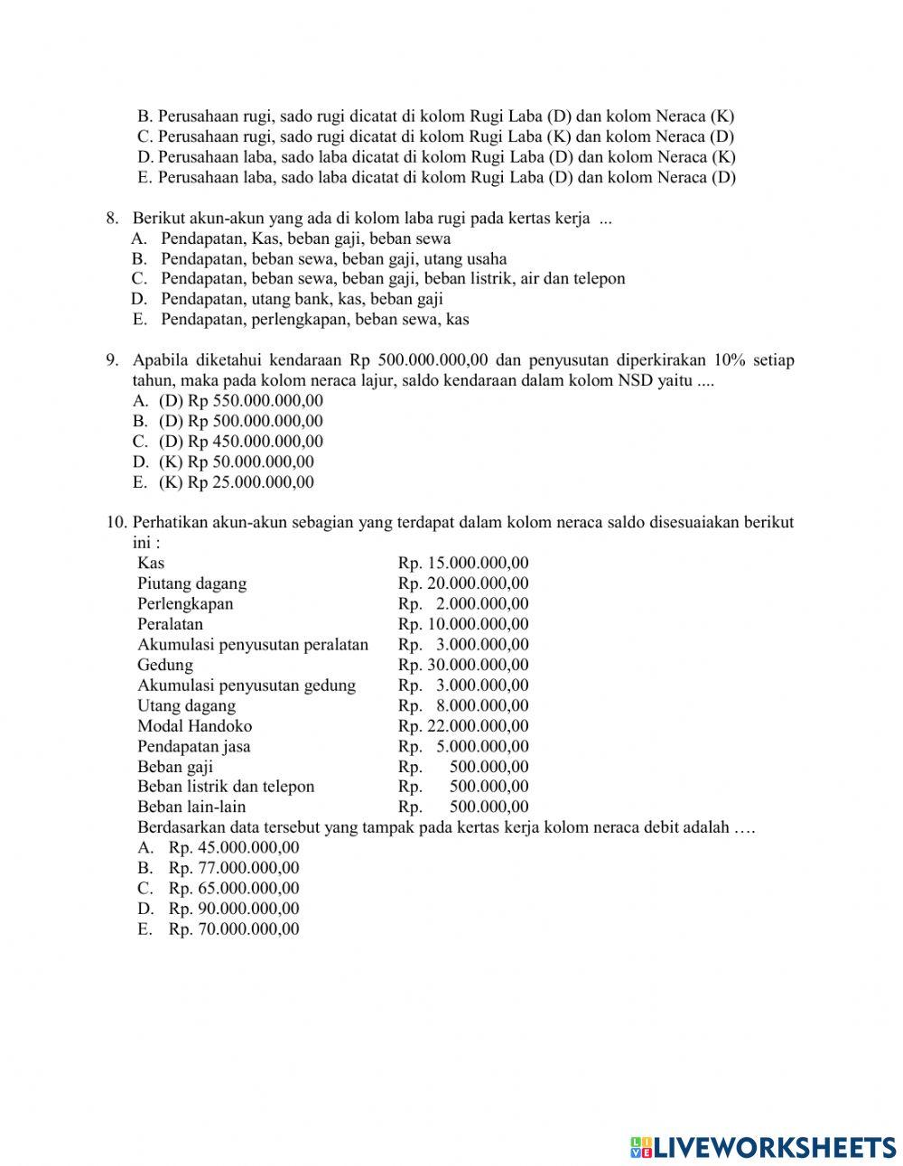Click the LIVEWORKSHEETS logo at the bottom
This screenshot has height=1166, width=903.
(x=763, y=1146)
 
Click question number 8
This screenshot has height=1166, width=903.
(x=112, y=219)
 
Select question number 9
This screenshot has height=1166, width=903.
(x=112, y=360)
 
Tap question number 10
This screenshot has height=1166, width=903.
(x=115, y=522)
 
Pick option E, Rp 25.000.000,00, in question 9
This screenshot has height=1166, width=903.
(x=236, y=482)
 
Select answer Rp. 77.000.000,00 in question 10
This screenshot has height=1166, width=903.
(x=233, y=868)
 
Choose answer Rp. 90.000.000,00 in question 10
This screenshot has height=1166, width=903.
(x=233, y=909)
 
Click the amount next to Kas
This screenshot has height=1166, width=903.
(x=463, y=563)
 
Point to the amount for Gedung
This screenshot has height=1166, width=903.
(x=463, y=665)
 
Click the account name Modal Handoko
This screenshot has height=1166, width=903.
(x=194, y=726)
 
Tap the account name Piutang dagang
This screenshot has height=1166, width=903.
(x=191, y=583)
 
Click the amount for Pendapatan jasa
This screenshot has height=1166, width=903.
(x=463, y=746)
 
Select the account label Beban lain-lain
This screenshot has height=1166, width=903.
(x=191, y=807)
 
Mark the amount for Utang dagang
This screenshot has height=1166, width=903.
(x=463, y=705)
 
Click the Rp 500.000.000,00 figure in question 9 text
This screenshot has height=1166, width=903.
(x=419, y=360)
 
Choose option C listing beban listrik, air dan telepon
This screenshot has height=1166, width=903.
(x=392, y=279)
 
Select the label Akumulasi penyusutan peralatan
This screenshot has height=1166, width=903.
(x=253, y=645)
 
